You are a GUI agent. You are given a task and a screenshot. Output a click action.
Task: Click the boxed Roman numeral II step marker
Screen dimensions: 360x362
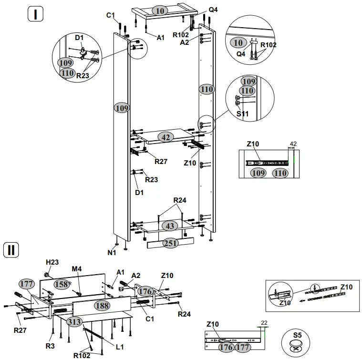11,249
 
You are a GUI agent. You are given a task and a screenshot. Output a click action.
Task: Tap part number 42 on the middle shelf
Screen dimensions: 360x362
165,137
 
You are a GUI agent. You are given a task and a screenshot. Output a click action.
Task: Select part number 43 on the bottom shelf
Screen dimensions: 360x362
169,226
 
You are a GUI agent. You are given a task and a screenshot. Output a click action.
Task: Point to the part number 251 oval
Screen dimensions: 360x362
170,243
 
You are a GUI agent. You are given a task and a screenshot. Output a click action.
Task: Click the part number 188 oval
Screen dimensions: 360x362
101,306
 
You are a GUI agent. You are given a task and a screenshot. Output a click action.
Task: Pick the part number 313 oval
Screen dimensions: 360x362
74,321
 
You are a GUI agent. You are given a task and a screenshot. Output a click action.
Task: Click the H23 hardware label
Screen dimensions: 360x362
52,262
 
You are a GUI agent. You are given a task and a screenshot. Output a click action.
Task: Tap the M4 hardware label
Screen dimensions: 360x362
77,269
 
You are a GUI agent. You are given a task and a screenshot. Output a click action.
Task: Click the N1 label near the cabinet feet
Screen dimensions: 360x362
111,253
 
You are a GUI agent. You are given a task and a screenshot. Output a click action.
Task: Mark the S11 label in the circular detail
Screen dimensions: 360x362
243,114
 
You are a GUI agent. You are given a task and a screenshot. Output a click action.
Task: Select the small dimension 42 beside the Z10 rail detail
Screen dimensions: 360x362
293,143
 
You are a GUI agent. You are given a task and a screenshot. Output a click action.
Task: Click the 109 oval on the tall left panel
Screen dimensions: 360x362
122,108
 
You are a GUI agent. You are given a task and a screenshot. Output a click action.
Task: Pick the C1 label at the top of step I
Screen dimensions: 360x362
111,15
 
